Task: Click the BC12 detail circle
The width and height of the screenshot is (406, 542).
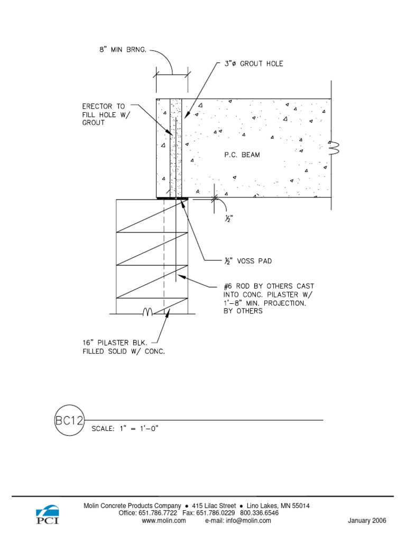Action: [70, 421]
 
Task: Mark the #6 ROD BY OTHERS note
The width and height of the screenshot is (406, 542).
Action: [268, 299]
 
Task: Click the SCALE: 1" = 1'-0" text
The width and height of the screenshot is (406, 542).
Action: [125, 429]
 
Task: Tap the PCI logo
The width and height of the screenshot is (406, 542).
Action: [47, 514]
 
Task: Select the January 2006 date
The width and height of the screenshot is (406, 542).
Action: [367, 521]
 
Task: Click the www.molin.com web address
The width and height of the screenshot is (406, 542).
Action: [164, 521]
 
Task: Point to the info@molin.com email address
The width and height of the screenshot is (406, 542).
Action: [248, 521]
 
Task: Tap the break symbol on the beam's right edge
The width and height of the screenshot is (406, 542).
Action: [334, 148]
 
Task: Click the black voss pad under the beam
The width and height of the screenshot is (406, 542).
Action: [173, 198]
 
